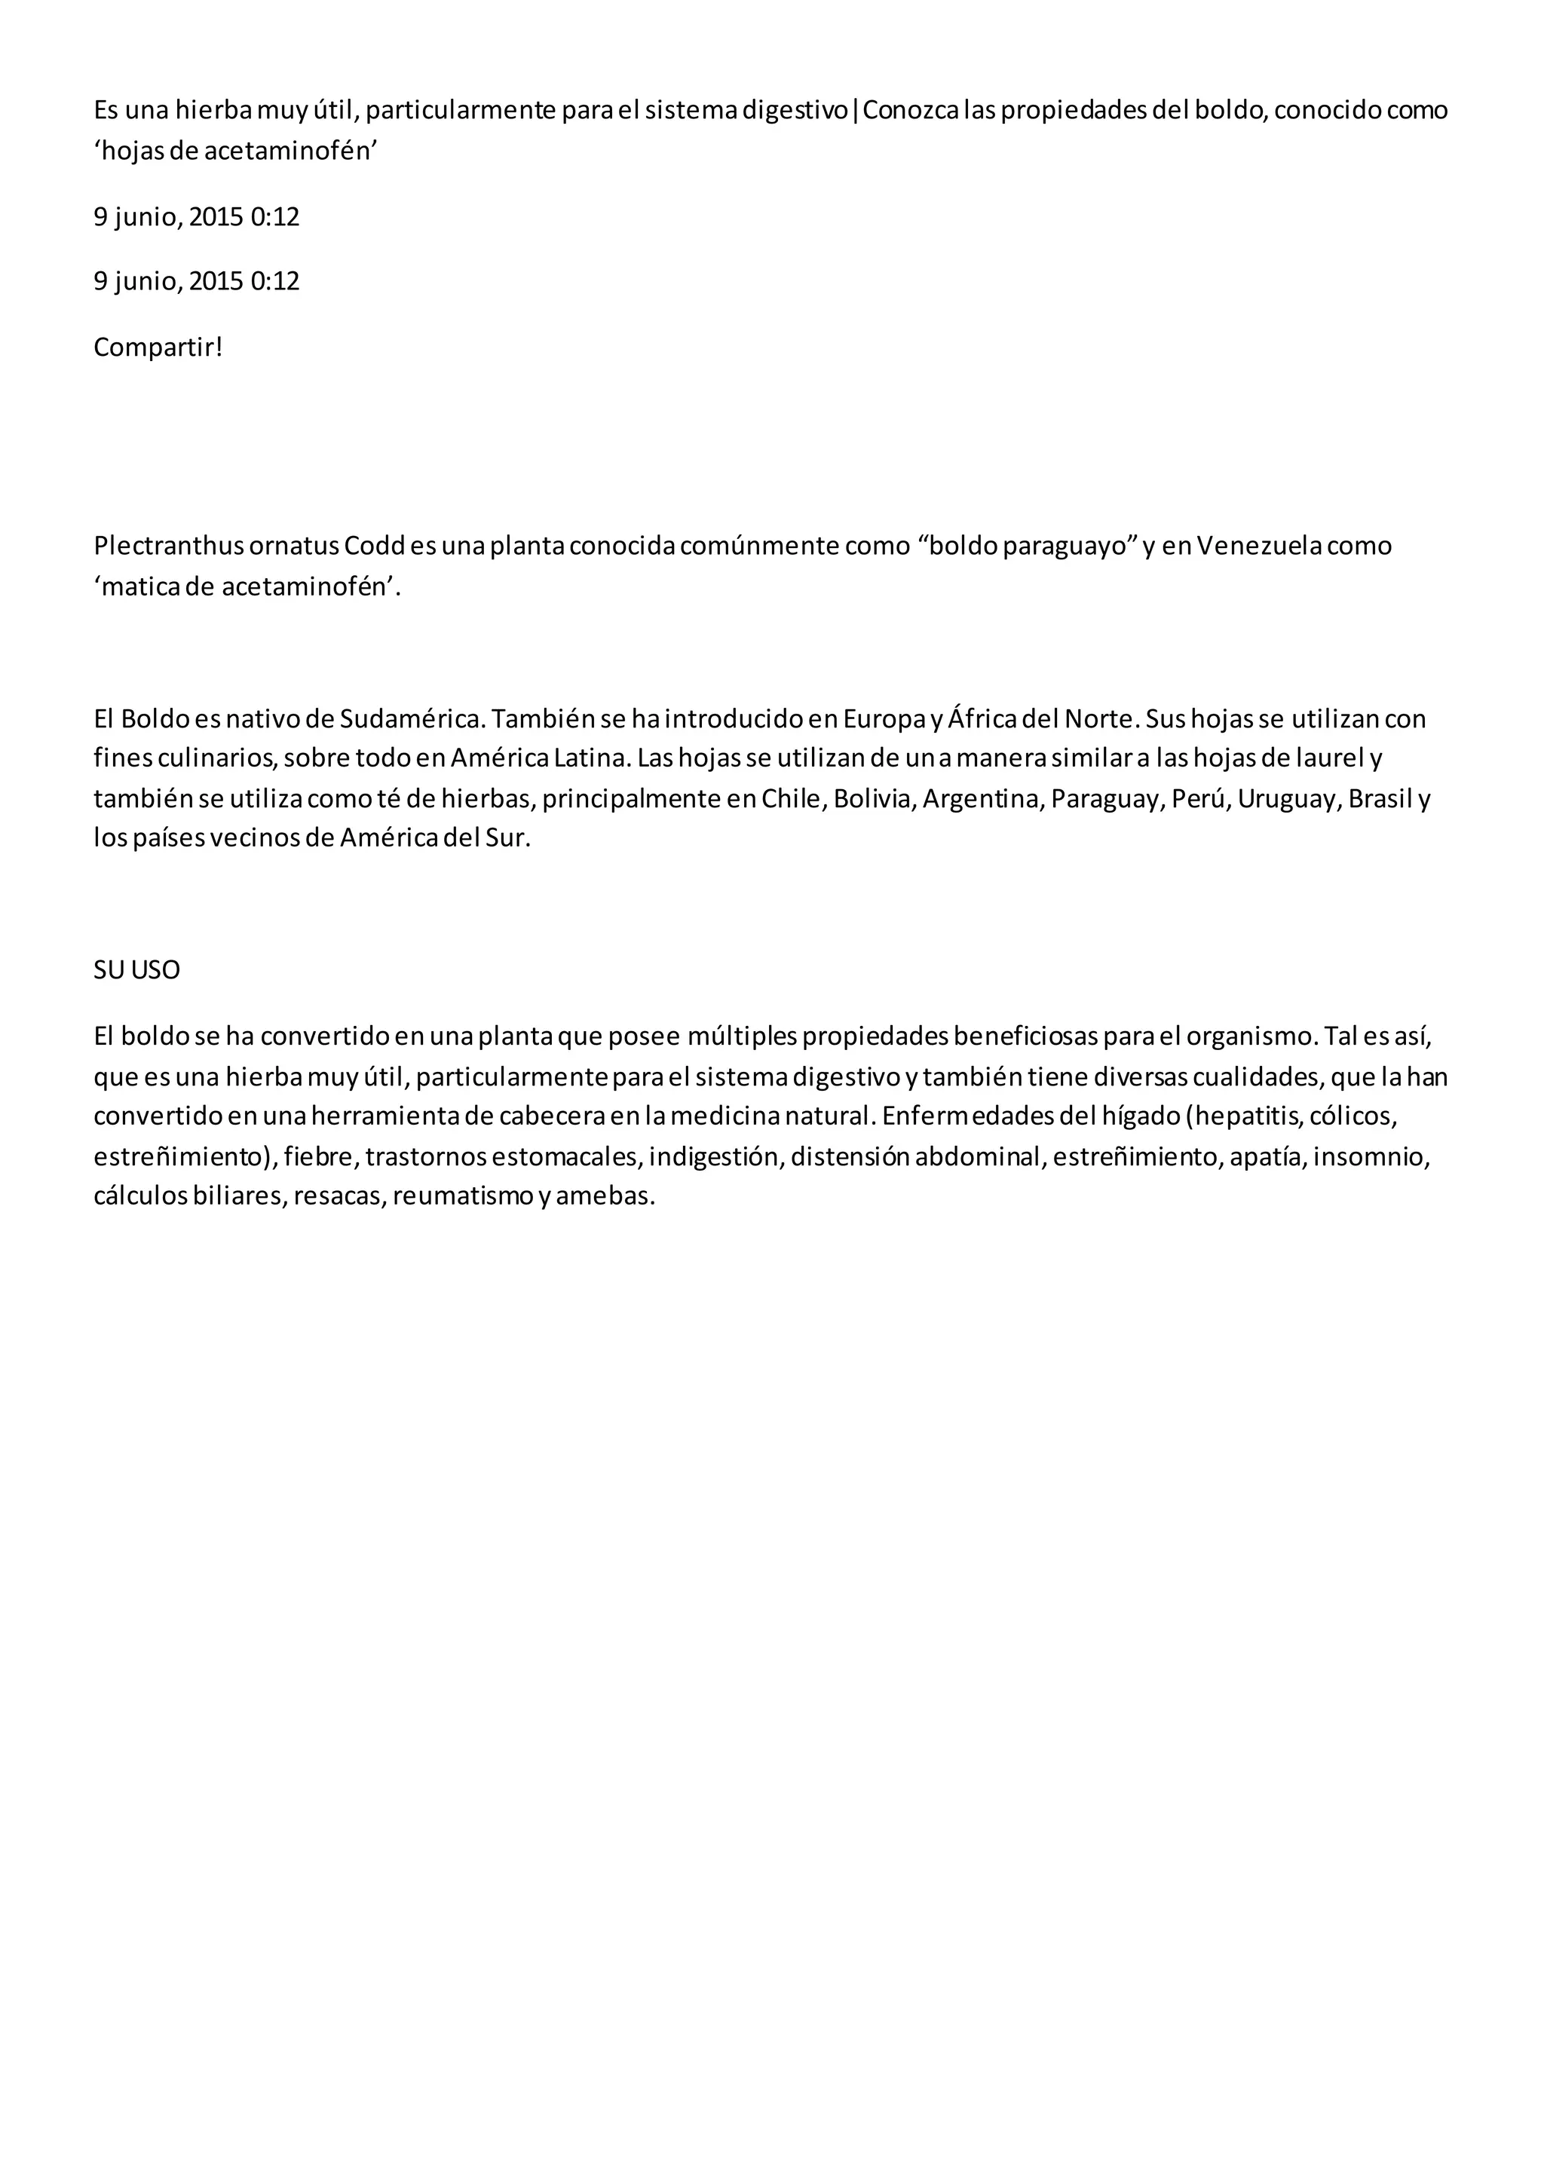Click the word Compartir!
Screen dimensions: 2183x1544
(158, 348)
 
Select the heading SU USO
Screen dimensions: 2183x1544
(137, 971)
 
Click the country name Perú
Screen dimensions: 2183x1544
(1196, 799)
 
